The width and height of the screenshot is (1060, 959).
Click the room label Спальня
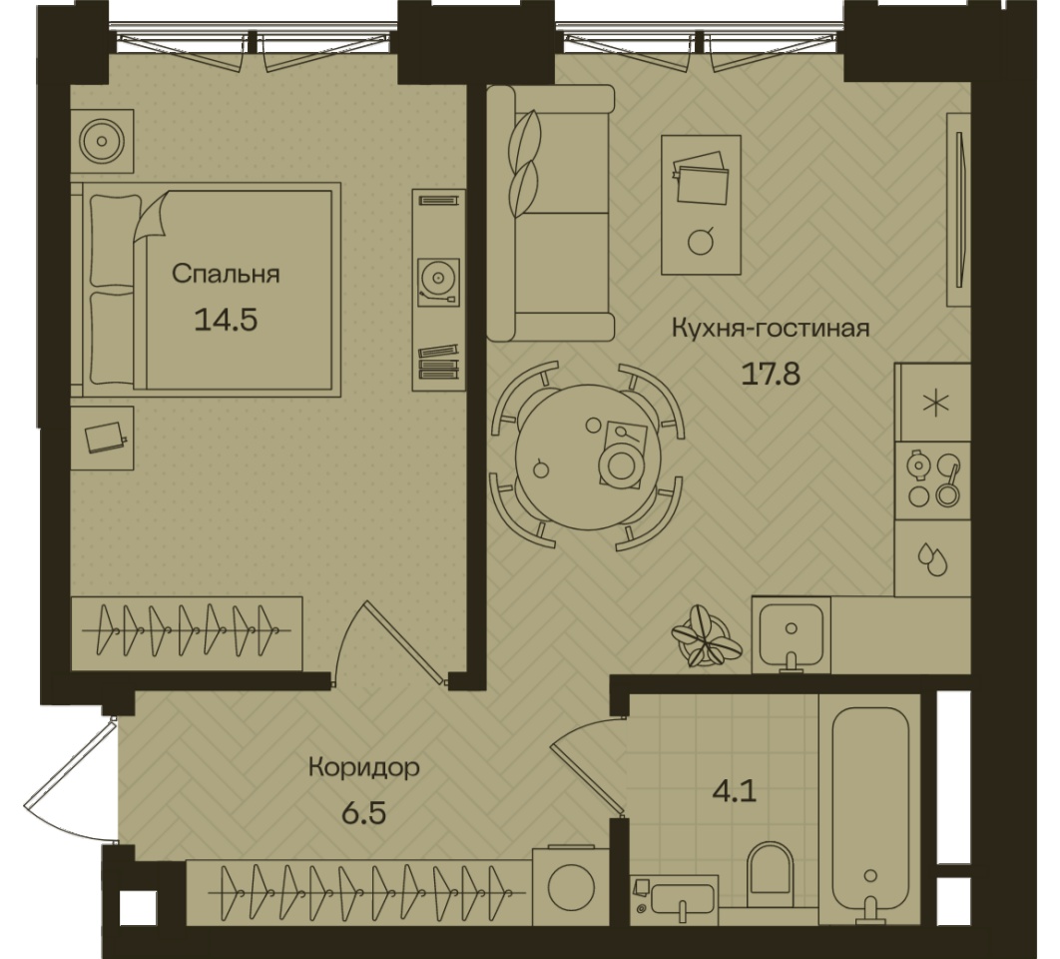(226, 274)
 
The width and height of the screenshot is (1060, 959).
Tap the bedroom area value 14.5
(226, 320)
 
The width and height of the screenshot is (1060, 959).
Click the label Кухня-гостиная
(771, 329)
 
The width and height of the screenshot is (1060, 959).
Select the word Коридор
(363, 767)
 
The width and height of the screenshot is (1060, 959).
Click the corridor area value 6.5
(363, 812)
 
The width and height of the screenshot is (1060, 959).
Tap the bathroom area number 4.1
(735, 790)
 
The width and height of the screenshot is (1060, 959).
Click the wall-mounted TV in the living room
(959, 210)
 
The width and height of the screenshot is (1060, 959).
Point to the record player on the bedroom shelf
(438, 282)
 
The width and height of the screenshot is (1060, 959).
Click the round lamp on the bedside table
(102, 142)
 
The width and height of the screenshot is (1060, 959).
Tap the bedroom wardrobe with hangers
(187, 633)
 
